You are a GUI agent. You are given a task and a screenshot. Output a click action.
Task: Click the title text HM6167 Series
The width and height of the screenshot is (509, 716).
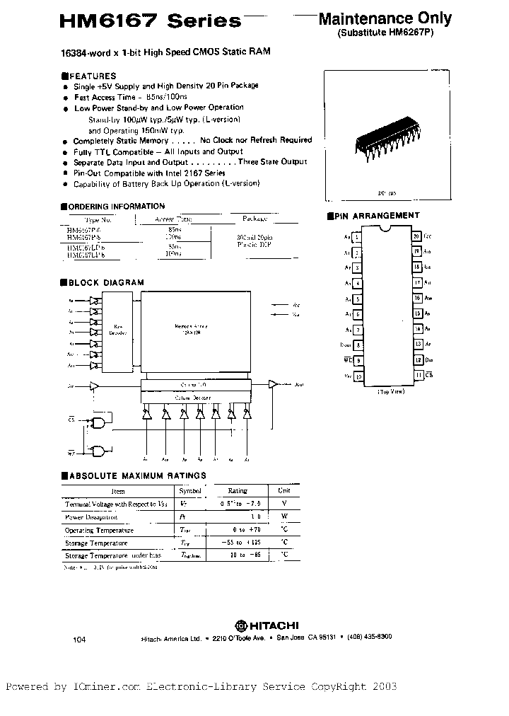coord(151,21)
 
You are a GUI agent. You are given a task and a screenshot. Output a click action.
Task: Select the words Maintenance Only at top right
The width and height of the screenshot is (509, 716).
coord(385,18)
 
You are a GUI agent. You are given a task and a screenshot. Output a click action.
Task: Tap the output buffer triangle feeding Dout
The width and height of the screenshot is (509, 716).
coord(273,385)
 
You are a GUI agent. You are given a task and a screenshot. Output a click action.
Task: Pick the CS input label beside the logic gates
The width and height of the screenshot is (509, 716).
coord(71,419)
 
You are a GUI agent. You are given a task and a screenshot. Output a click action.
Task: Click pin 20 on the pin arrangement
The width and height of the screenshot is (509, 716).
coord(417,236)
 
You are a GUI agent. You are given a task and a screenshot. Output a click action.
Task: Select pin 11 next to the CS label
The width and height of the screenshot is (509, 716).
coord(419,374)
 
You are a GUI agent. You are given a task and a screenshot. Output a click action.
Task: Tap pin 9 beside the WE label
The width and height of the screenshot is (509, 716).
coord(358,360)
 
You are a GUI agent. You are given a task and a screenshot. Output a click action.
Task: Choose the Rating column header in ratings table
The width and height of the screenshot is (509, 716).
coord(237,490)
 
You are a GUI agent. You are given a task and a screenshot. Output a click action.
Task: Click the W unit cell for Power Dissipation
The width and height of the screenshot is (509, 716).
coord(283,516)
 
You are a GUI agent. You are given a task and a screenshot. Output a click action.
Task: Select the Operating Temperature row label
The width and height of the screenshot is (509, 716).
coord(99,530)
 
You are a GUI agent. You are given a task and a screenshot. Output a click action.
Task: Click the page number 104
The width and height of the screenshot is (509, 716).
coord(78,639)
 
